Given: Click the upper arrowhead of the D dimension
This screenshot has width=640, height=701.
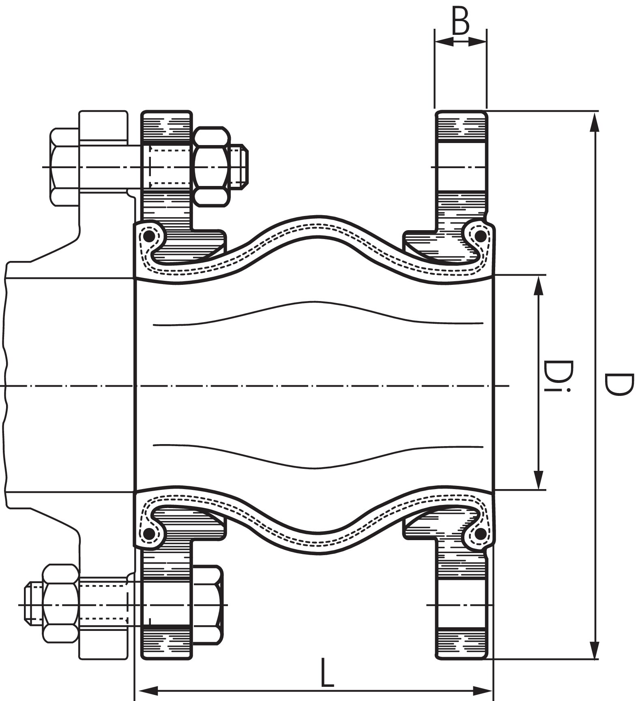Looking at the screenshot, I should point(595,122).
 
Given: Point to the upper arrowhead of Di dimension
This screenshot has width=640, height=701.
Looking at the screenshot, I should point(538,286).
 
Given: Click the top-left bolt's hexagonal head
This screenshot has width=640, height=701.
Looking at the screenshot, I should point(64,167).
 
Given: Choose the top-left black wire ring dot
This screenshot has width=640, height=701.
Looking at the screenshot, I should point(149,236).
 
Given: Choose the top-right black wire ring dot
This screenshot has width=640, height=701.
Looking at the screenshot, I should point(480,235).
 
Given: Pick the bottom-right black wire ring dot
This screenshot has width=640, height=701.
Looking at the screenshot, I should point(480,534).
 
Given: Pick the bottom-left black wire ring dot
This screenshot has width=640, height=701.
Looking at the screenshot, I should point(149,534).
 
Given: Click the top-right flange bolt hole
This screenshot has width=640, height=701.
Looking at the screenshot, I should point(461,167).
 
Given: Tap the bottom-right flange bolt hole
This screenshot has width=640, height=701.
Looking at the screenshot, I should point(461,605).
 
